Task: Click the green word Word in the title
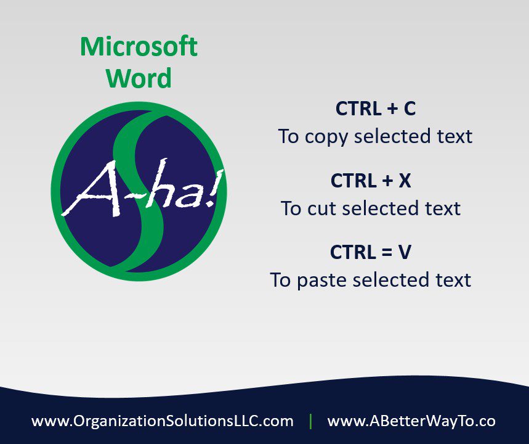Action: [139, 78]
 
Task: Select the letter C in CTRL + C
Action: [410, 109]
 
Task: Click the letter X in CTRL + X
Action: [405, 181]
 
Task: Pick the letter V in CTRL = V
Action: [405, 252]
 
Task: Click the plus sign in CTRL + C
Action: [392, 109]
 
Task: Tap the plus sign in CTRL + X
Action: [387, 181]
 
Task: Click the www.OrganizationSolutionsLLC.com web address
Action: [163, 421]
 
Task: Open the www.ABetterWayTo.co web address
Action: [411, 421]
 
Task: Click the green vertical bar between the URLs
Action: [310, 421]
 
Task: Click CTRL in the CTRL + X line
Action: [353, 181]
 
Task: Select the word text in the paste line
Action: [453, 280]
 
